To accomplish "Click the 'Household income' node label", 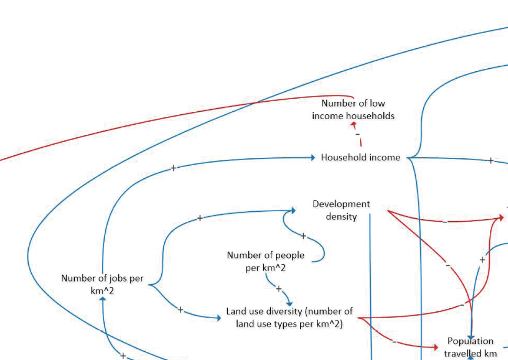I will pos(360,157).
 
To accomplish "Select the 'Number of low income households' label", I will pos(353,110).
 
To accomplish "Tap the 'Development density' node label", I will pos(341,210).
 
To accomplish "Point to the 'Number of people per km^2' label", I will pos(266,261).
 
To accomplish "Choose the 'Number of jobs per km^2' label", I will pos(102,284).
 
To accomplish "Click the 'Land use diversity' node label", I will pos(289,317).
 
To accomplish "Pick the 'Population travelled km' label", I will pos(470,347).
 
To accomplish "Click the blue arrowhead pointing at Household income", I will pos(312,157).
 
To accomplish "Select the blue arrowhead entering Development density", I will pos(293,210).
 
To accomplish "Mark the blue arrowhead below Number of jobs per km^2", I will pos(103,299).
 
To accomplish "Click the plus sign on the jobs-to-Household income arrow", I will pos(173,168).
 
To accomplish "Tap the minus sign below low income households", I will pos(358,134).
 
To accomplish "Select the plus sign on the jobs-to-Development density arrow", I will pos(199,218).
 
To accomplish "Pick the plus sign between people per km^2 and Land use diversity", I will pos(279,289).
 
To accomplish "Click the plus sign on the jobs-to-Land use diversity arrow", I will pos(180,310).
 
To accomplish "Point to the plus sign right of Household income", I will pos(491,160).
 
